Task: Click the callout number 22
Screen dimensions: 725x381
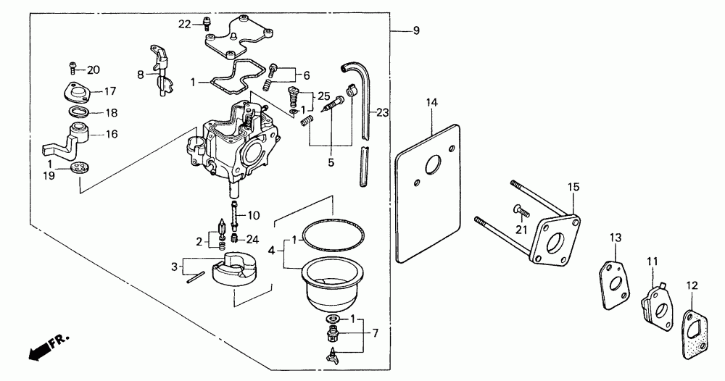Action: [x=184, y=25]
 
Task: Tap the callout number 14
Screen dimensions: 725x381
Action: [x=431, y=103]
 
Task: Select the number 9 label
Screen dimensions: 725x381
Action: [x=416, y=31]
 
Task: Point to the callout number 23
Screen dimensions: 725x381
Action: [x=383, y=112]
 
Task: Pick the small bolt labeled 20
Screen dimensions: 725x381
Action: [x=73, y=67]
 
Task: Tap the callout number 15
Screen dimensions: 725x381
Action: [x=573, y=188]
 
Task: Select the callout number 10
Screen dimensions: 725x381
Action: [x=253, y=216]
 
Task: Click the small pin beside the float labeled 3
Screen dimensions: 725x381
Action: [x=195, y=278]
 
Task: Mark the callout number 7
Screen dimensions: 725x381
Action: [x=375, y=332]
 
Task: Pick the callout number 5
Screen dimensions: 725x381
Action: [x=331, y=163]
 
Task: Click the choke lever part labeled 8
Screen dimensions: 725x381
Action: [x=160, y=71]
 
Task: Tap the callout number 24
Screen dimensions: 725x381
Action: [x=252, y=239]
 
